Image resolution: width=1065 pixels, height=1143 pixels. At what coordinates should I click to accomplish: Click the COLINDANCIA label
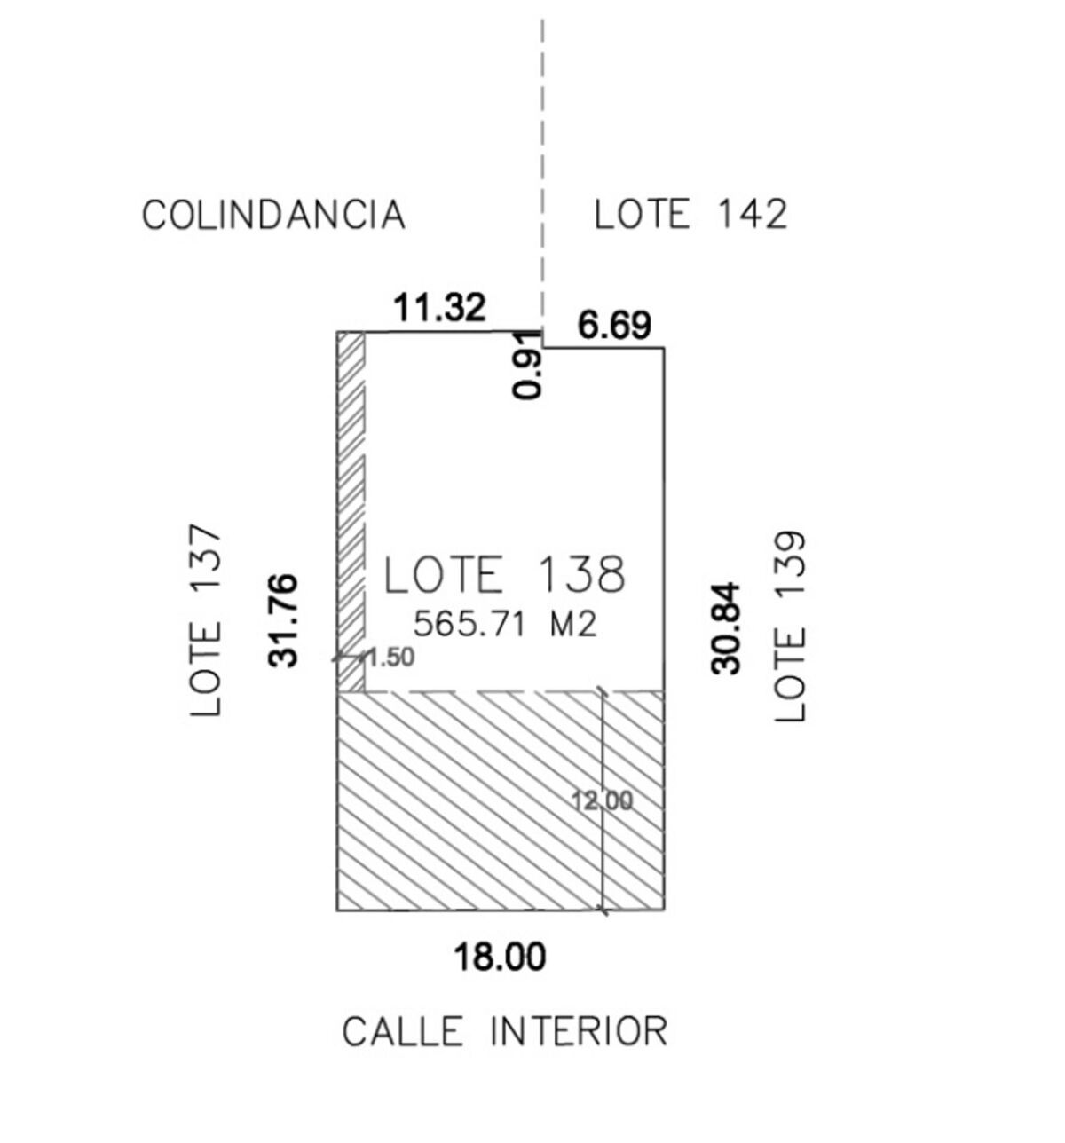[x=273, y=216]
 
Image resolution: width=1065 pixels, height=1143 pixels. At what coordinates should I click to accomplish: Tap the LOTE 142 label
[x=690, y=215]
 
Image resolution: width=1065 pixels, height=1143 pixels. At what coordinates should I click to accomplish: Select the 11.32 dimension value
[x=440, y=309]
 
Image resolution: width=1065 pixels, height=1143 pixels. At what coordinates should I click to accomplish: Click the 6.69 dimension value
[x=614, y=326]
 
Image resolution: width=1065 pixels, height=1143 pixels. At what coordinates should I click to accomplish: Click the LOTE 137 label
[x=206, y=621]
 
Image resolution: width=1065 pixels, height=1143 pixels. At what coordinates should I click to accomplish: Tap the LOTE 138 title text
[x=504, y=575]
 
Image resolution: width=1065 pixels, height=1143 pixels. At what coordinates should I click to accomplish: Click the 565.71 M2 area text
[x=504, y=625]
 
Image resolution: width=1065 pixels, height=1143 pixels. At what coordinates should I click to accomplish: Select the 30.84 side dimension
[x=727, y=628]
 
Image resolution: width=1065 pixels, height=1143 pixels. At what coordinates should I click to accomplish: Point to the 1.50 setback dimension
[x=389, y=658]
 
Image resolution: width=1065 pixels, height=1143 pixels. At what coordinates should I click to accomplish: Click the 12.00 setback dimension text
[x=602, y=801]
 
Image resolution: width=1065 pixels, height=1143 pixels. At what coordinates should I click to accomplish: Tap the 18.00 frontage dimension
[x=500, y=958]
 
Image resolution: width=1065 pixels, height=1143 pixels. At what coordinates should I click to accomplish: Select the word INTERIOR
[x=578, y=1032]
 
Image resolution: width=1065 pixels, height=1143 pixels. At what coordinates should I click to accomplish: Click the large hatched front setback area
[x=470, y=799]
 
